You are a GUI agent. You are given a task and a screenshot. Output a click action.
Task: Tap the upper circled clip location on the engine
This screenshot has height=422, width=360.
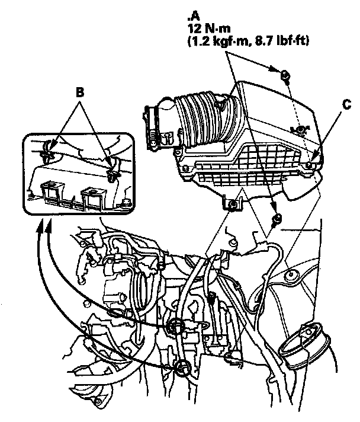(x=175, y=325)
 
